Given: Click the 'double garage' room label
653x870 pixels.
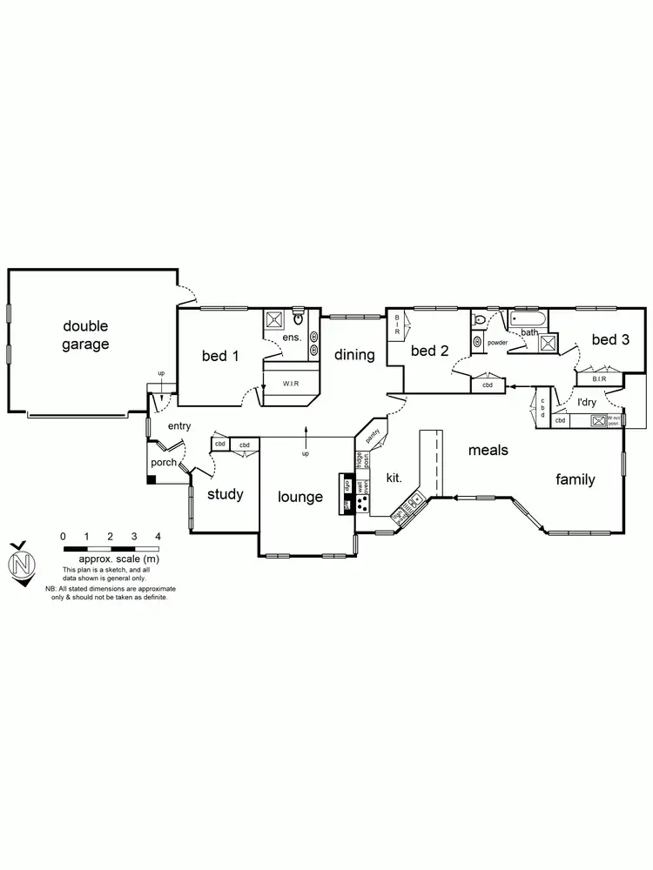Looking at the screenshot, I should [85, 335].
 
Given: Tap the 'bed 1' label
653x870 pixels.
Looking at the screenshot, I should [220, 355].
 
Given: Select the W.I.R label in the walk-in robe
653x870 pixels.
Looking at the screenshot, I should [290, 383].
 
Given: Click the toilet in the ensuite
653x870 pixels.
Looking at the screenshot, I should [298, 318].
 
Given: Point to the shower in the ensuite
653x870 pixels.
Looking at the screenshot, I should [273, 318].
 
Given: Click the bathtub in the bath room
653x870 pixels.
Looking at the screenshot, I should [528, 320].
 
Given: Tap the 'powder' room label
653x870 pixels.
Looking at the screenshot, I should [497, 343].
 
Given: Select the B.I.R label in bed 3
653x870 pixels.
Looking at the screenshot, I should [599, 378].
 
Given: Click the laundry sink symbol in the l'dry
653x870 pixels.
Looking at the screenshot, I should [598, 421].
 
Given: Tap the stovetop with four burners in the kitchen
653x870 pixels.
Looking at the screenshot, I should [361, 503].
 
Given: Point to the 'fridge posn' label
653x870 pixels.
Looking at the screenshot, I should [361, 460].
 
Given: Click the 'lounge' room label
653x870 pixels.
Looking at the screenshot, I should [300, 497].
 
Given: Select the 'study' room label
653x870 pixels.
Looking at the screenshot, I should [225, 494].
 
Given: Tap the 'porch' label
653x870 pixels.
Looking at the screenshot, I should [164, 462].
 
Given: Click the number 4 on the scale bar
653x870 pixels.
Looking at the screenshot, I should [158, 536].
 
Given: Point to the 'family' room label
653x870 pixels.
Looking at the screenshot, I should [576, 479].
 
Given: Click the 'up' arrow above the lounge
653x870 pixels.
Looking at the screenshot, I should [306, 433].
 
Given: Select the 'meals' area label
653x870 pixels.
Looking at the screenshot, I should [488, 450].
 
